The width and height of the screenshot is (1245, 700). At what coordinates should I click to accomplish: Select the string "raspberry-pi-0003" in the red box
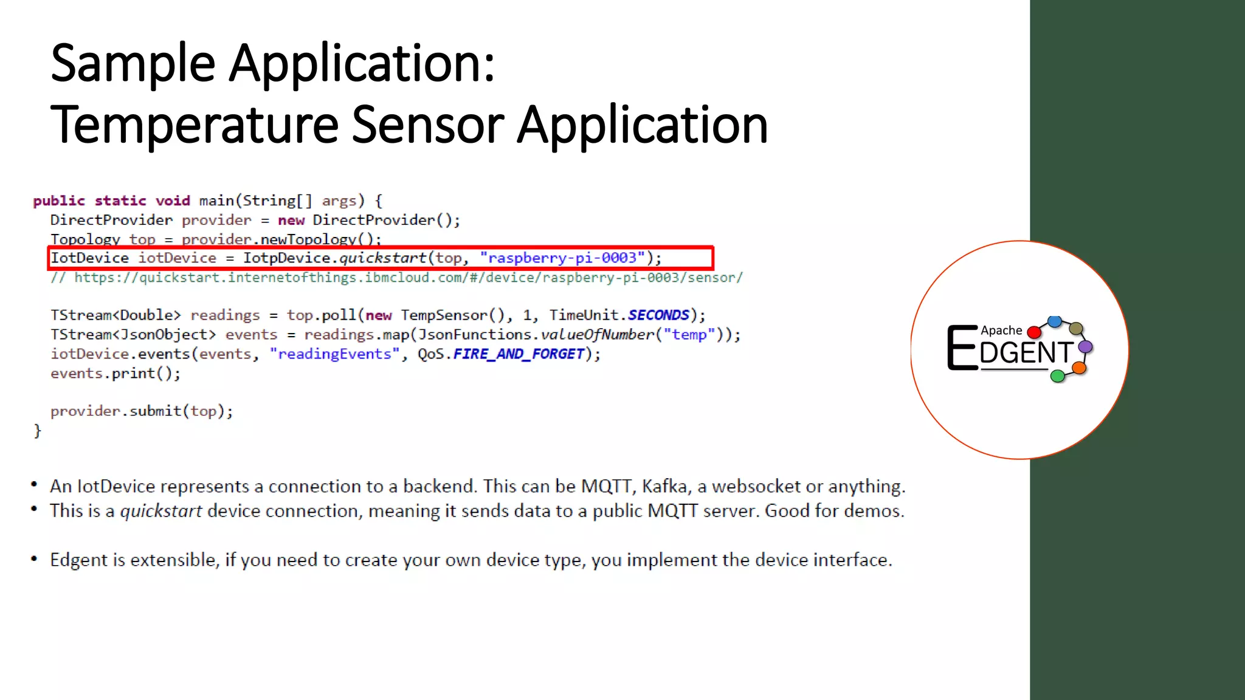click(x=562, y=258)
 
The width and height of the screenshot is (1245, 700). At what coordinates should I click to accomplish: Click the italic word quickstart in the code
click(x=382, y=258)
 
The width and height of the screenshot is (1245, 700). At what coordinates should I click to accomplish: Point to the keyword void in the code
click(x=173, y=201)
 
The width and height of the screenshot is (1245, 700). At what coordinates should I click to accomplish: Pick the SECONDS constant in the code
click(x=658, y=315)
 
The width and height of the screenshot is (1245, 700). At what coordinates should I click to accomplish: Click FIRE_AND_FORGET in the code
click(x=519, y=354)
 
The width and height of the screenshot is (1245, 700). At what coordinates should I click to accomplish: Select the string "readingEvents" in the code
click(x=334, y=354)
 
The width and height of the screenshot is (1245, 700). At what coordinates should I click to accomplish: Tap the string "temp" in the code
click(x=689, y=335)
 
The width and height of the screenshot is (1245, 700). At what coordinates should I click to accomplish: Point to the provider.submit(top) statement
click(x=142, y=411)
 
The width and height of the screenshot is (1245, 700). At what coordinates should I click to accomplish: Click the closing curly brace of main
click(x=38, y=431)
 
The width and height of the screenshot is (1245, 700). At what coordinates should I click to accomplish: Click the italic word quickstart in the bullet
click(x=160, y=511)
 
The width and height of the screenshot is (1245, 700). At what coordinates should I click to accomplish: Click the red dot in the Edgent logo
click(x=1033, y=332)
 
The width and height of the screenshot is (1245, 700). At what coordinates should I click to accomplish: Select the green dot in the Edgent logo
click(x=1057, y=376)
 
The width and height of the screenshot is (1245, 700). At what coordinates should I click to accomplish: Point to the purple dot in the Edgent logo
click(x=1085, y=347)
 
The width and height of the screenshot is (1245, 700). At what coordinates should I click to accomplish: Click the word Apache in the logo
click(x=1001, y=331)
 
